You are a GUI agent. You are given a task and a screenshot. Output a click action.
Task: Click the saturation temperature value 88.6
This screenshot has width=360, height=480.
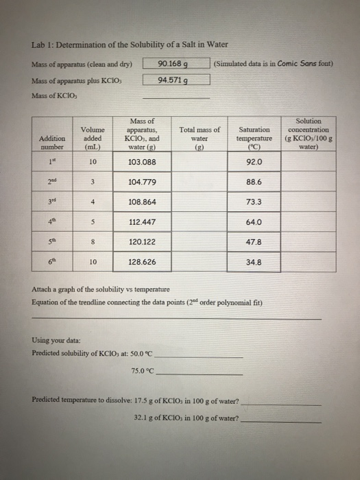tap(253, 181)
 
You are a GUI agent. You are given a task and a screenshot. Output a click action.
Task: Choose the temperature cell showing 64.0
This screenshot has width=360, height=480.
tap(253, 221)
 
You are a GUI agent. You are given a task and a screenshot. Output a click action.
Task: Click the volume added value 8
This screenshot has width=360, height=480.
tap(93, 241)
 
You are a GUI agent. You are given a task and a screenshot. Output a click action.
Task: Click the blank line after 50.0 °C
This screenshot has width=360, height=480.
tap(200, 355)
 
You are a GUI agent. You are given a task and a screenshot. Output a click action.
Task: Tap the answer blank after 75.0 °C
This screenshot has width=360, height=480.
tap(200, 374)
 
